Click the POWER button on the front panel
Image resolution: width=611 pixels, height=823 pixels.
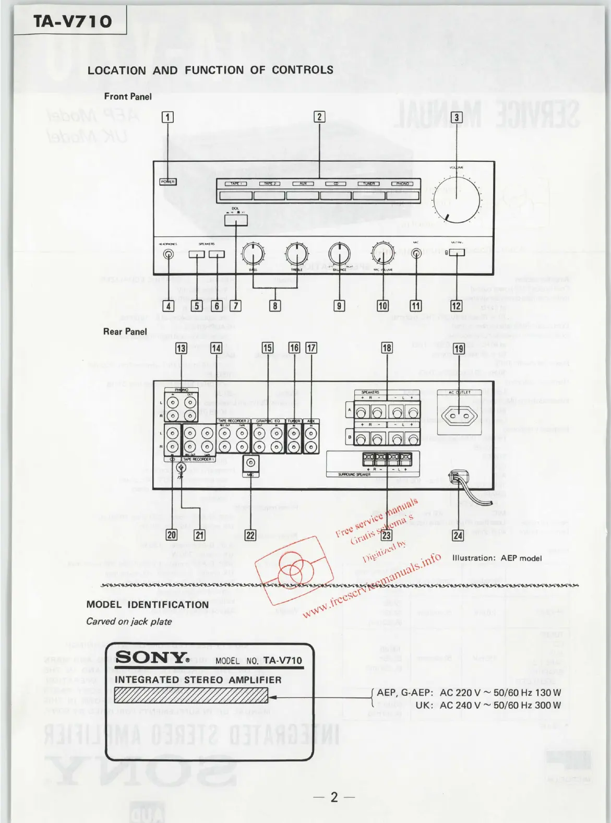tap(168, 182)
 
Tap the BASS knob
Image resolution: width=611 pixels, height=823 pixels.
tap(253, 254)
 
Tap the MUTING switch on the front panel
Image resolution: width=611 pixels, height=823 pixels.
tap(457, 253)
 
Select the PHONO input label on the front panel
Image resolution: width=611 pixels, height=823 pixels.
tap(402, 184)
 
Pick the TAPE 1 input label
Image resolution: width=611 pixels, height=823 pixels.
tap(235, 184)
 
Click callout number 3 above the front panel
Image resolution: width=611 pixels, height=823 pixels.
tap(457, 117)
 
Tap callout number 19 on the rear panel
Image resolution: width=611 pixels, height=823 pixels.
tap(459, 349)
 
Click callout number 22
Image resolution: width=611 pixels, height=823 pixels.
tap(250, 535)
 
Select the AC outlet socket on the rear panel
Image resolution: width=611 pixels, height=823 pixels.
tap(460, 416)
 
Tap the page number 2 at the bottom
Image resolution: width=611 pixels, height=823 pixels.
tap(334, 797)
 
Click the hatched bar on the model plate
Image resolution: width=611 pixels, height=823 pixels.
tap(191, 695)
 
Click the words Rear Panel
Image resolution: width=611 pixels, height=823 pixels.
tap(125, 331)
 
